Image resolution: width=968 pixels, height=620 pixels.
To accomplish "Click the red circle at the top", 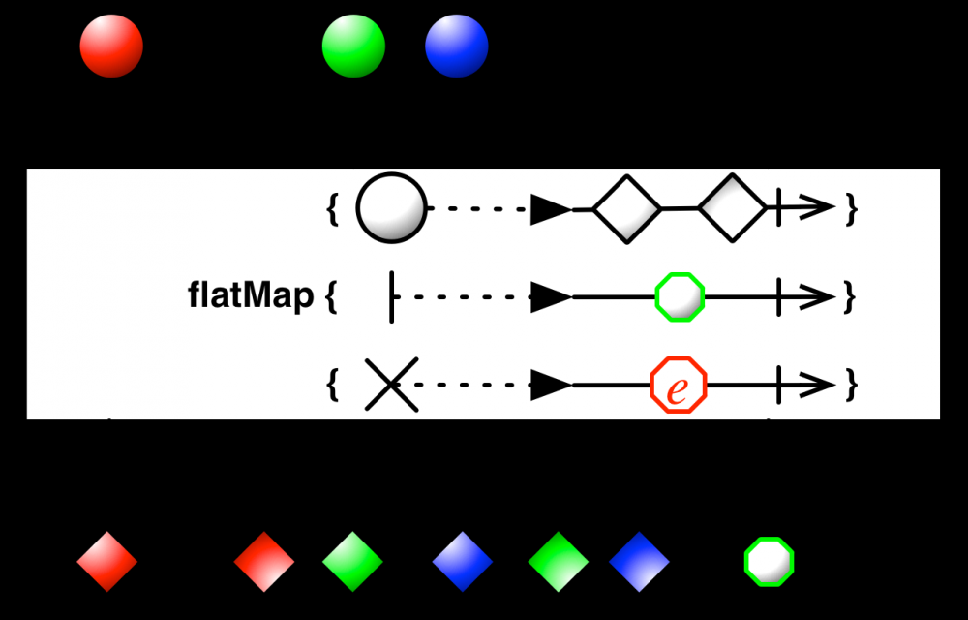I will (111, 45).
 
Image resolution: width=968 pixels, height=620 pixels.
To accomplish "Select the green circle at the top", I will (353, 45).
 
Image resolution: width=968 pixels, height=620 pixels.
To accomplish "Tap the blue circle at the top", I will (457, 45).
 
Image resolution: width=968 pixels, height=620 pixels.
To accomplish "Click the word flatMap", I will (251, 296).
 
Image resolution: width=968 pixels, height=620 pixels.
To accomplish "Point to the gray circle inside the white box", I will (391, 207).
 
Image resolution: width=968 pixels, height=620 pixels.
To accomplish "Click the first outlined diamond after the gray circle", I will (626, 207).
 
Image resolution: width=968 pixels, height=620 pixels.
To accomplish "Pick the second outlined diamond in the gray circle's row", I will (731, 207).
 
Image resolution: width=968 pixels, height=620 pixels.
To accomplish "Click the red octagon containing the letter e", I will (678, 386).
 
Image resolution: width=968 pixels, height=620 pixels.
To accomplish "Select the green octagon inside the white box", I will (679, 296).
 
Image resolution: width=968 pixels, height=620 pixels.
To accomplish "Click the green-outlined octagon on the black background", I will (770, 561).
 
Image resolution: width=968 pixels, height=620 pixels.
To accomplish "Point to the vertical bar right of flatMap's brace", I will (392, 296).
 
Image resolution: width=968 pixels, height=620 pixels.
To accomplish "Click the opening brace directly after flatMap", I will (331, 296).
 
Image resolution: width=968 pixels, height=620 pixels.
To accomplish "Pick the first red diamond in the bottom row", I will (107, 561).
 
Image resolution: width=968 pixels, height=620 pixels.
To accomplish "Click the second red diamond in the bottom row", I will (263, 561).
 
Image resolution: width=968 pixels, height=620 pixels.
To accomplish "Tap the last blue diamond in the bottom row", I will (640, 561).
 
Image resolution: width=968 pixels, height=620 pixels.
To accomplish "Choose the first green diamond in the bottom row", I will (352, 561).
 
